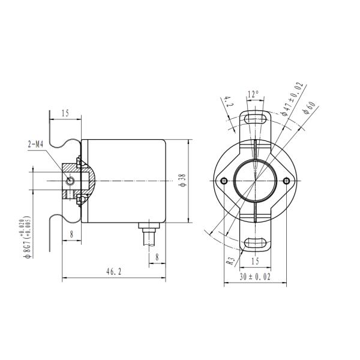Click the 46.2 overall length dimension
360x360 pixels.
(114, 272)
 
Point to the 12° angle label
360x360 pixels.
(253, 94)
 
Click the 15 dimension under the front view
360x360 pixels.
(256, 261)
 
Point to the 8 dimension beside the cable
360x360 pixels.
(157, 257)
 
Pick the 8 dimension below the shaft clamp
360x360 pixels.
(71, 235)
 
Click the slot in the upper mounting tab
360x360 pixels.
(256, 118)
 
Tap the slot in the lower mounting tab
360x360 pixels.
(256, 242)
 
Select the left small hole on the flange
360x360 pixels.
(224, 181)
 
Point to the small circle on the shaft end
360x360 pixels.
(70, 181)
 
